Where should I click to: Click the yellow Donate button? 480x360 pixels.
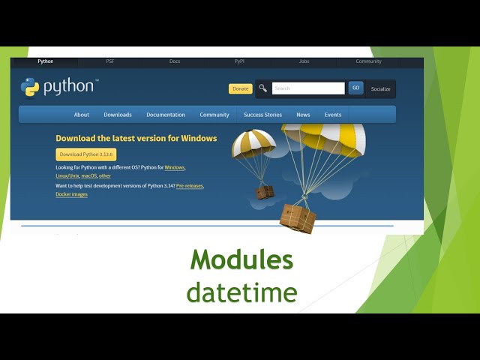coord(240,88)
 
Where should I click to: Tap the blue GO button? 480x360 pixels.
coord(355,88)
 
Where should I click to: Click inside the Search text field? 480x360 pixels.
coord(308,88)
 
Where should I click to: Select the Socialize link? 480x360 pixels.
coord(381,88)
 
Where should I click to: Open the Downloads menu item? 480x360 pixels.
coord(118,115)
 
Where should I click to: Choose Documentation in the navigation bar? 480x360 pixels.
coord(166,115)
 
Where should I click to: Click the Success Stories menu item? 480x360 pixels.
coord(262,115)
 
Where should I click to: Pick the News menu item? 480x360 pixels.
coord(303,115)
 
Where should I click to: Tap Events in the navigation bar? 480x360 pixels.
coord(333,115)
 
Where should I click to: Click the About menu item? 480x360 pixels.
coord(82,115)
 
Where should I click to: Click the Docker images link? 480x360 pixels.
coord(71,194)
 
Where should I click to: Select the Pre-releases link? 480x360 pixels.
coord(190,185)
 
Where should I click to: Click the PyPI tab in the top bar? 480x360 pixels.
coord(239,61)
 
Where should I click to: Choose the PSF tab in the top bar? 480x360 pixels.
coord(110,61)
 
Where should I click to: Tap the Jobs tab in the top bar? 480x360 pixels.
coord(304,61)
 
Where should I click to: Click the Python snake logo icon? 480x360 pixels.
coord(30,87)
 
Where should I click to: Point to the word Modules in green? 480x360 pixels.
coord(241,260)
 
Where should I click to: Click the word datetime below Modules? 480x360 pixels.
coord(241,292)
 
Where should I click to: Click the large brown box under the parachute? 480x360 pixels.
coord(298,218)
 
